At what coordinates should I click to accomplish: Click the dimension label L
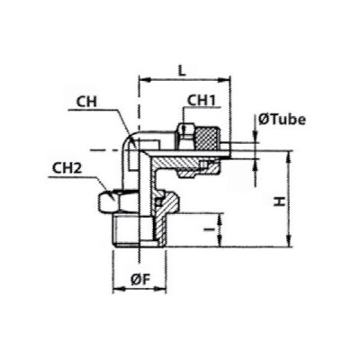pos(182,71)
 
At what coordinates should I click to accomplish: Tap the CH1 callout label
pos(202,101)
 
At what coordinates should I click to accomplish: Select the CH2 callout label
pos(67,168)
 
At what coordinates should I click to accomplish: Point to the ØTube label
pos(282,120)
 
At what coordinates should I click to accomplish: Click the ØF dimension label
pos(140,280)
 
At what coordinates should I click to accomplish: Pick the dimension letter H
pos(280,202)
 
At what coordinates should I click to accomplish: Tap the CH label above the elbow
pos(86,102)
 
